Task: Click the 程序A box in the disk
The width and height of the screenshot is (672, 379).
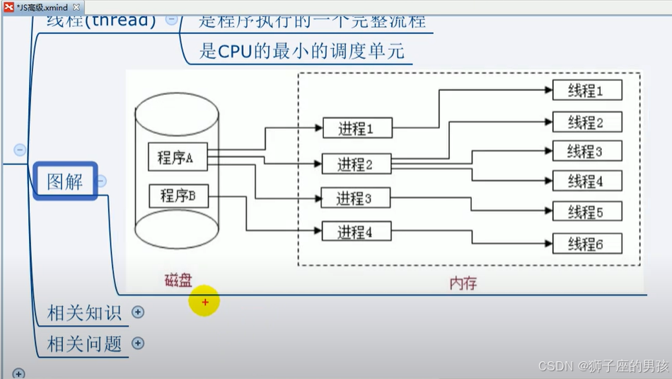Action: click(177, 157)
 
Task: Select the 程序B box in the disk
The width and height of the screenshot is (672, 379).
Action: click(178, 195)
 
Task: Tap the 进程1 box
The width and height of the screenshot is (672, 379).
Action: click(355, 128)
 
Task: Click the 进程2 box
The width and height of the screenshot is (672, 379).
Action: click(355, 164)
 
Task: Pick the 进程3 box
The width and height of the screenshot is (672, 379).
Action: click(355, 198)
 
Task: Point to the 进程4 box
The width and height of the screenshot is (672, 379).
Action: click(355, 232)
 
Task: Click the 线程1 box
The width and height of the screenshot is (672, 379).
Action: click(586, 91)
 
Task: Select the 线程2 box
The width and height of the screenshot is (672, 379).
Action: click(586, 122)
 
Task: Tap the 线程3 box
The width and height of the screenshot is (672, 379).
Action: click(586, 152)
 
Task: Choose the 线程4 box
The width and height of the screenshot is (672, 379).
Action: click(586, 181)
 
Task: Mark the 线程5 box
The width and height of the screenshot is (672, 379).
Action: click(586, 212)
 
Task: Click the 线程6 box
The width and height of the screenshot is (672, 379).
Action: click(586, 244)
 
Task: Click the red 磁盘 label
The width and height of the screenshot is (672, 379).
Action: click(178, 281)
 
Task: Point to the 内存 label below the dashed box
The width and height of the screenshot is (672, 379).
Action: click(463, 283)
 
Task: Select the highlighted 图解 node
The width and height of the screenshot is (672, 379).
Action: click(65, 181)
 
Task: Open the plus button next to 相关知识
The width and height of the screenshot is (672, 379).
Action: click(138, 312)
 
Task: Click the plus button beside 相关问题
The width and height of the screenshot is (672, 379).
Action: click(138, 344)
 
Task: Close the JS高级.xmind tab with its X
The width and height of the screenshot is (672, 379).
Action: click(76, 7)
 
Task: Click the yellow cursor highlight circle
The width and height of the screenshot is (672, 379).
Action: click(205, 302)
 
